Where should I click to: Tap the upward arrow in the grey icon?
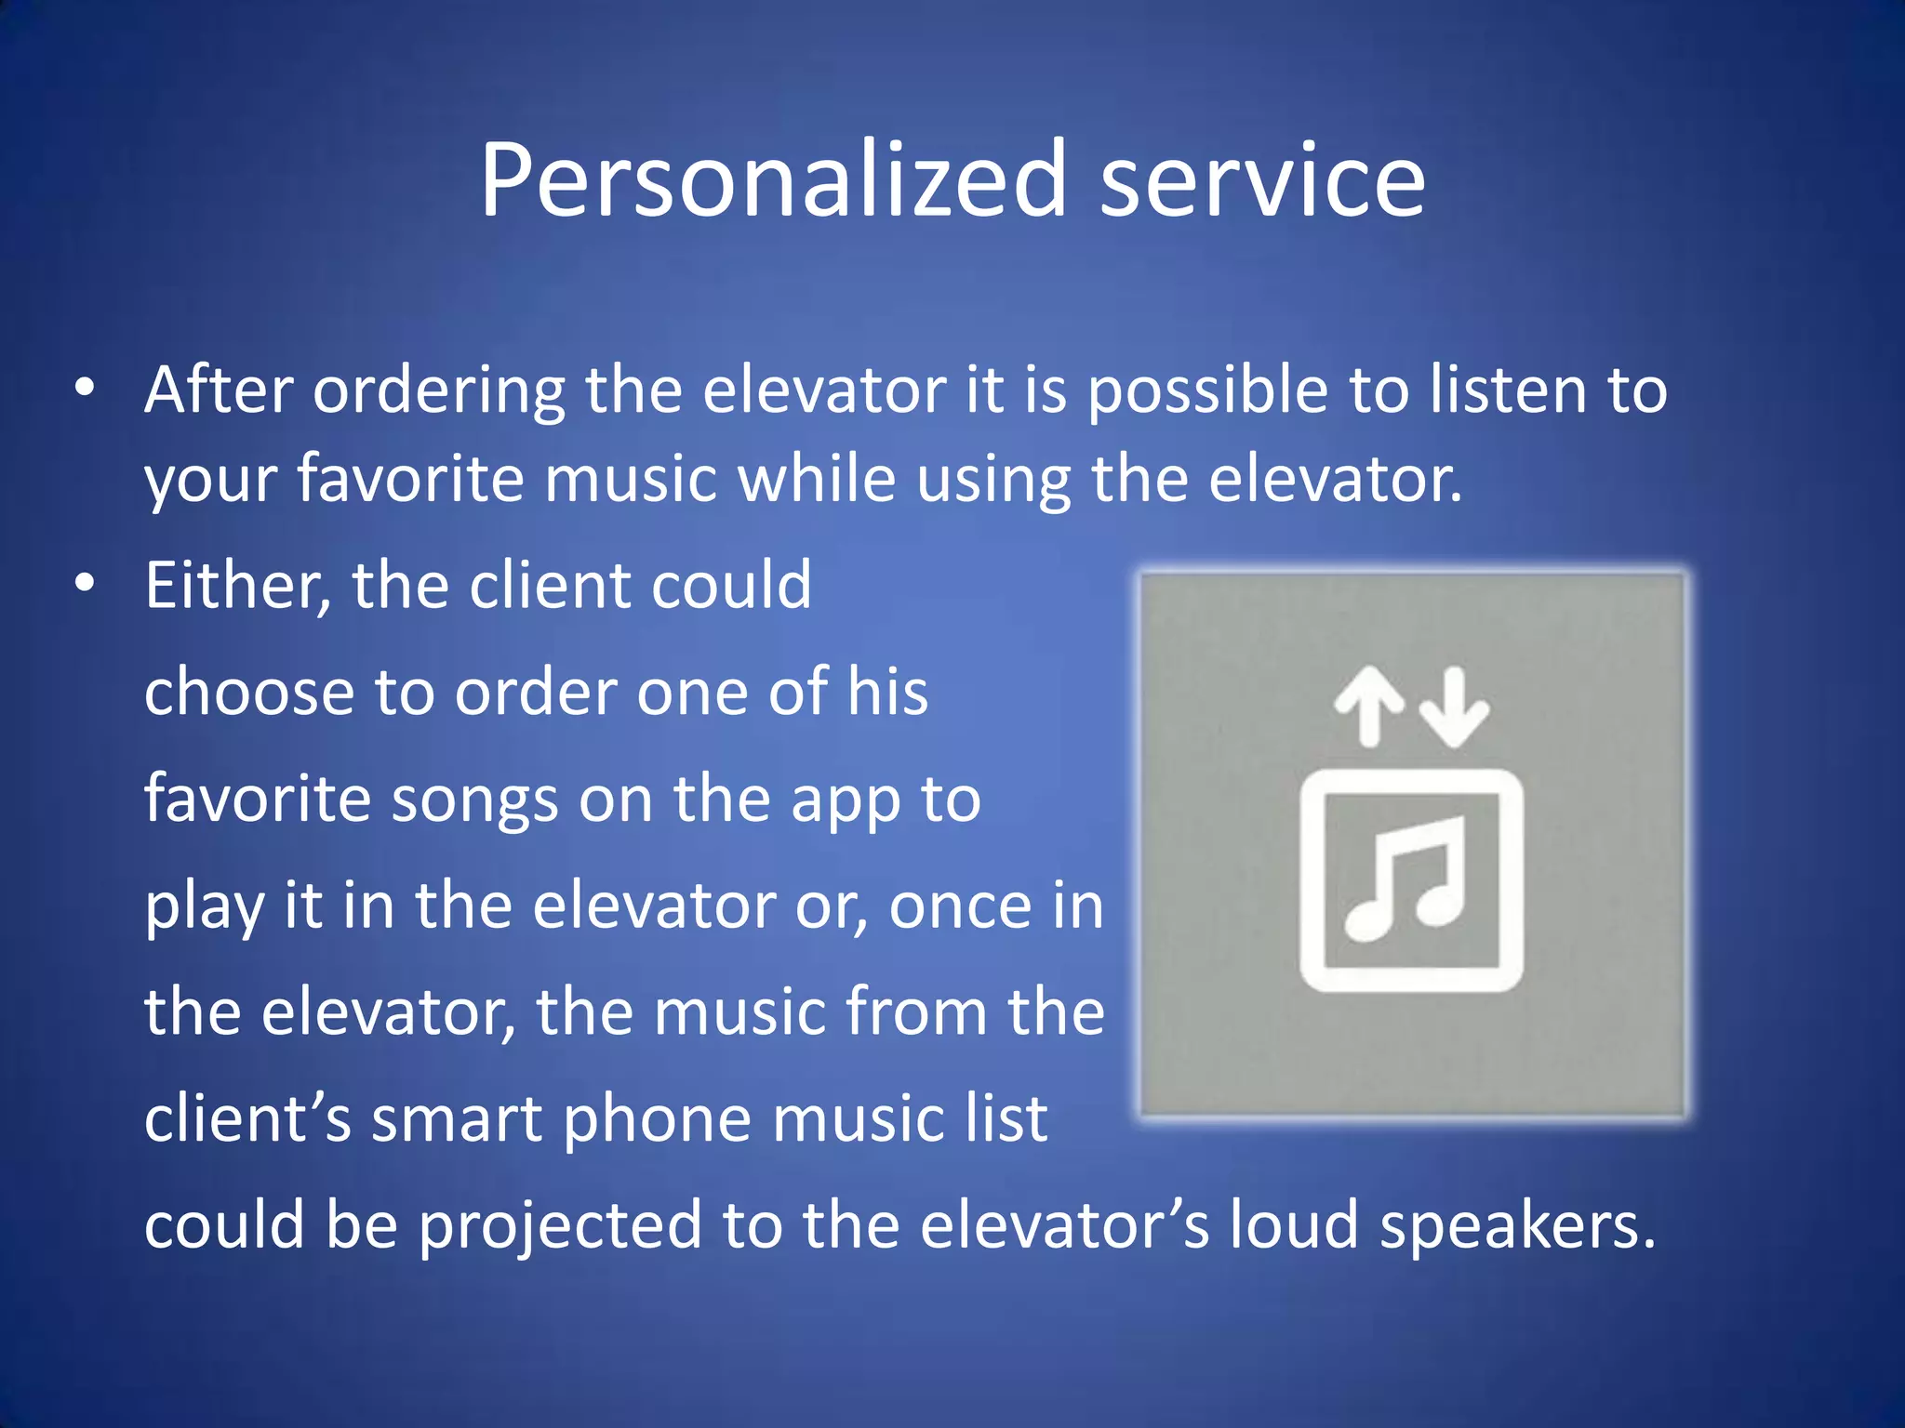(1368, 706)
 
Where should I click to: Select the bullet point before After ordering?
(86, 389)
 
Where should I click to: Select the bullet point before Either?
(86, 584)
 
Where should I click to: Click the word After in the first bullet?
(219, 390)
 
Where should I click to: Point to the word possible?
(1207, 391)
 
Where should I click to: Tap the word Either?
(237, 587)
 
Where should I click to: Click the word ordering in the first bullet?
(438, 391)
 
